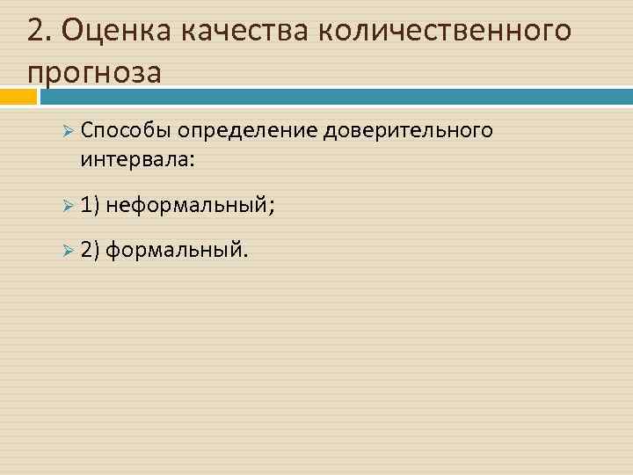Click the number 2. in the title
(x=38, y=30)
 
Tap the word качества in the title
(x=245, y=31)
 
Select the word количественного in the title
(x=444, y=31)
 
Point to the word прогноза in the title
(x=94, y=72)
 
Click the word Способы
(x=125, y=132)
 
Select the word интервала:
(x=138, y=160)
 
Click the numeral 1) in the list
(x=91, y=206)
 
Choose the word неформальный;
(x=190, y=206)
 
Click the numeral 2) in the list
(x=91, y=252)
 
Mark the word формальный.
(x=178, y=252)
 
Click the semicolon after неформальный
(x=271, y=208)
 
